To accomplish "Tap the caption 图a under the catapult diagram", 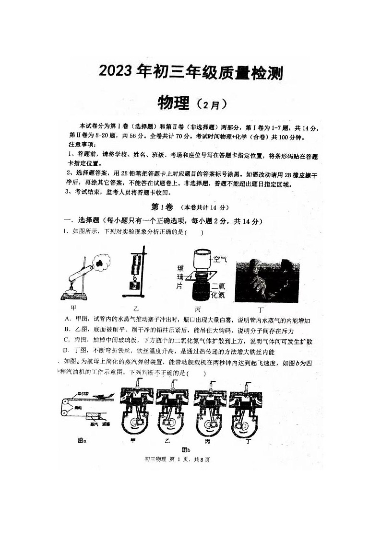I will [x=82, y=441].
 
